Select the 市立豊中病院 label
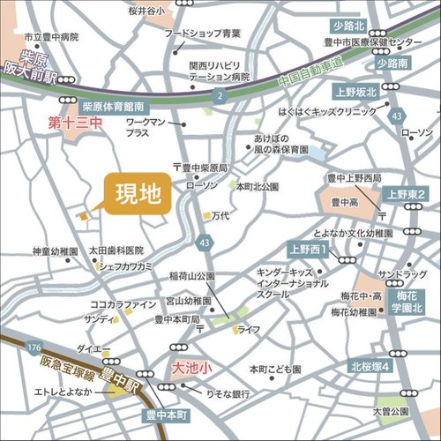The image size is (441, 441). tap(51, 38)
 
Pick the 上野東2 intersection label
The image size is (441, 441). tap(406, 193)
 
